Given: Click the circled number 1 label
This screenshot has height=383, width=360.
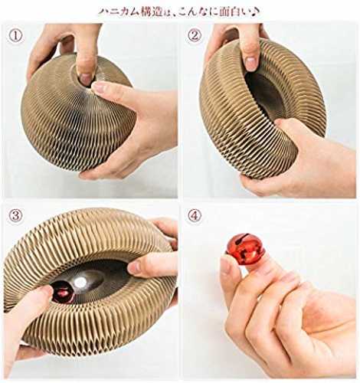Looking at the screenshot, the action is coord(16,36).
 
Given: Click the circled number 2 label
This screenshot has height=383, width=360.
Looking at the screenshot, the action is coord(195,35).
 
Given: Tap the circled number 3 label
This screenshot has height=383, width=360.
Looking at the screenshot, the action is coord(15,215).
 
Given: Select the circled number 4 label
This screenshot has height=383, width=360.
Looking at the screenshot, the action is coord(195,216).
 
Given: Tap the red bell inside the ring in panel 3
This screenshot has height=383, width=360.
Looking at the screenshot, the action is coord(63,292).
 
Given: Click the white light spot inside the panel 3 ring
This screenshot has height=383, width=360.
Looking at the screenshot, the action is coord(80,282).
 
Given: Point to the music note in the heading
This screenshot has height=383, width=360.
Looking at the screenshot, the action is coord(256,11).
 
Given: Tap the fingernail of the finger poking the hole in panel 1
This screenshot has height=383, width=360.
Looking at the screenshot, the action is coord(86,79).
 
